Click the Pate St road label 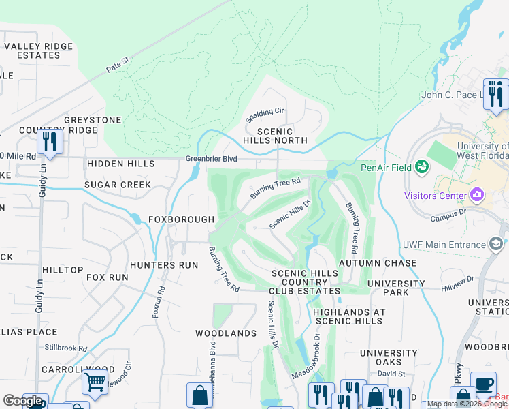pyautogui.click(x=117, y=65)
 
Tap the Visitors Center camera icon pyautogui.click(x=476, y=196)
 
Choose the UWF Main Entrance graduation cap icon pyautogui.click(x=497, y=244)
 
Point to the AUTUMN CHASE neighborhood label pyautogui.click(x=378, y=263)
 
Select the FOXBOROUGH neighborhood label pyautogui.click(x=182, y=219)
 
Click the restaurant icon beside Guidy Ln pyautogui.click(x=50, y=141)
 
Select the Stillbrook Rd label pyautogui.click(x=66, y=348)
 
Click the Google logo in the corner pyautogui.click(x=22, y=401)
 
